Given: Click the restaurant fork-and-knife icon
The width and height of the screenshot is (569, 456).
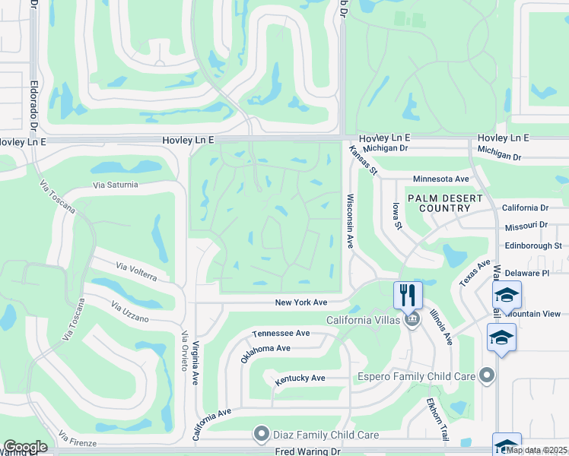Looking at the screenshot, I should (x=408, y=294).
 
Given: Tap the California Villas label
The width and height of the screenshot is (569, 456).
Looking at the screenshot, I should (x=363, y=320).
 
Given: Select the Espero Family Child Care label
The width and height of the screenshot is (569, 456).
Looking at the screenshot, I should (x=417, y=375).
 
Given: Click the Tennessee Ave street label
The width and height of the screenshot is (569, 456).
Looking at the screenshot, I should (x=281, y=334).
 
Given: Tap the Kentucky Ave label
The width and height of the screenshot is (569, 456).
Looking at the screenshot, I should (x=300, y=378).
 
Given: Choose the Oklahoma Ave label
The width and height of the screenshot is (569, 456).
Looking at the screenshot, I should (x=265, y=353).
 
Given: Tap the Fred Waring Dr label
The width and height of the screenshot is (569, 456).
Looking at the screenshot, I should (x=309, y=451).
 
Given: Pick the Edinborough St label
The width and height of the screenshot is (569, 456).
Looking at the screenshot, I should (x=533, y=245).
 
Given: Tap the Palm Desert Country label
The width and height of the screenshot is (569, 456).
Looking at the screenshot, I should (x=445, y=202).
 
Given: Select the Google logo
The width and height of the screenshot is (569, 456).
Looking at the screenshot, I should (x=25, y=447).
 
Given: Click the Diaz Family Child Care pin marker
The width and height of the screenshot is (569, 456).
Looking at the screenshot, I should (x=262, y=435).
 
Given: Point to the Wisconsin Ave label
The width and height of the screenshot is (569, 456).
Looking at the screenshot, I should (x=351, y=221).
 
